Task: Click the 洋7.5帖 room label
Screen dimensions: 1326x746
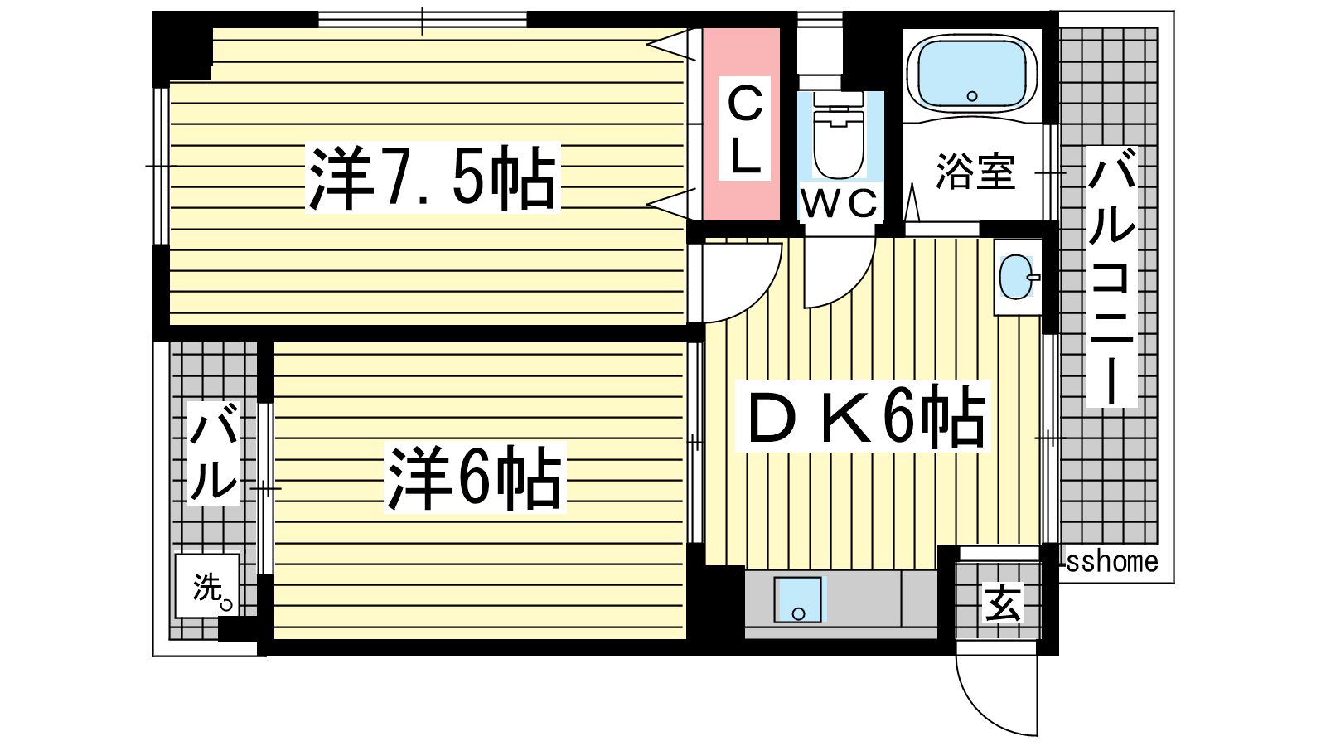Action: [x=433, y=177]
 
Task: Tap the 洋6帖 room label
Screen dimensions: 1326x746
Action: [x=475, y=477]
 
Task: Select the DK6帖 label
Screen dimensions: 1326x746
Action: [x=863, y=415]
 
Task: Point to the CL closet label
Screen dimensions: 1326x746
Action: [x=744, y=128]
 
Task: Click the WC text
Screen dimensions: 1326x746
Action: [x=839, y=203]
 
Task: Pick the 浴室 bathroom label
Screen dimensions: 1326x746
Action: [x=975, y=172]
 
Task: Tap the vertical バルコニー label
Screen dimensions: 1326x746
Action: [x=1111, y=277]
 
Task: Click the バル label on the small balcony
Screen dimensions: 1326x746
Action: [x=213, y=453]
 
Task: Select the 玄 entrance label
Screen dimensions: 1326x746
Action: [x=1003, y=603]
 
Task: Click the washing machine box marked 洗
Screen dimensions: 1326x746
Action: [x=207, y=586]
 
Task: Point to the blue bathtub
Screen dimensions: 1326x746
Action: [x=971, y=74]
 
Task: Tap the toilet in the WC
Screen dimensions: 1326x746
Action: [x=839, y=136]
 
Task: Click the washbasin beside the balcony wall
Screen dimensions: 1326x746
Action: [x=1017, y=277]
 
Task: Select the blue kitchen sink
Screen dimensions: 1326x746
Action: [x=798, y=599]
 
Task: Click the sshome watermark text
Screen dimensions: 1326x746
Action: [x=1111, y=562]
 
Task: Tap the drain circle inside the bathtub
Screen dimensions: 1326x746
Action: [x=971, y=96]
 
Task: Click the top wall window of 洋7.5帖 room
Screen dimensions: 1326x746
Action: [x=422, y=20]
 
